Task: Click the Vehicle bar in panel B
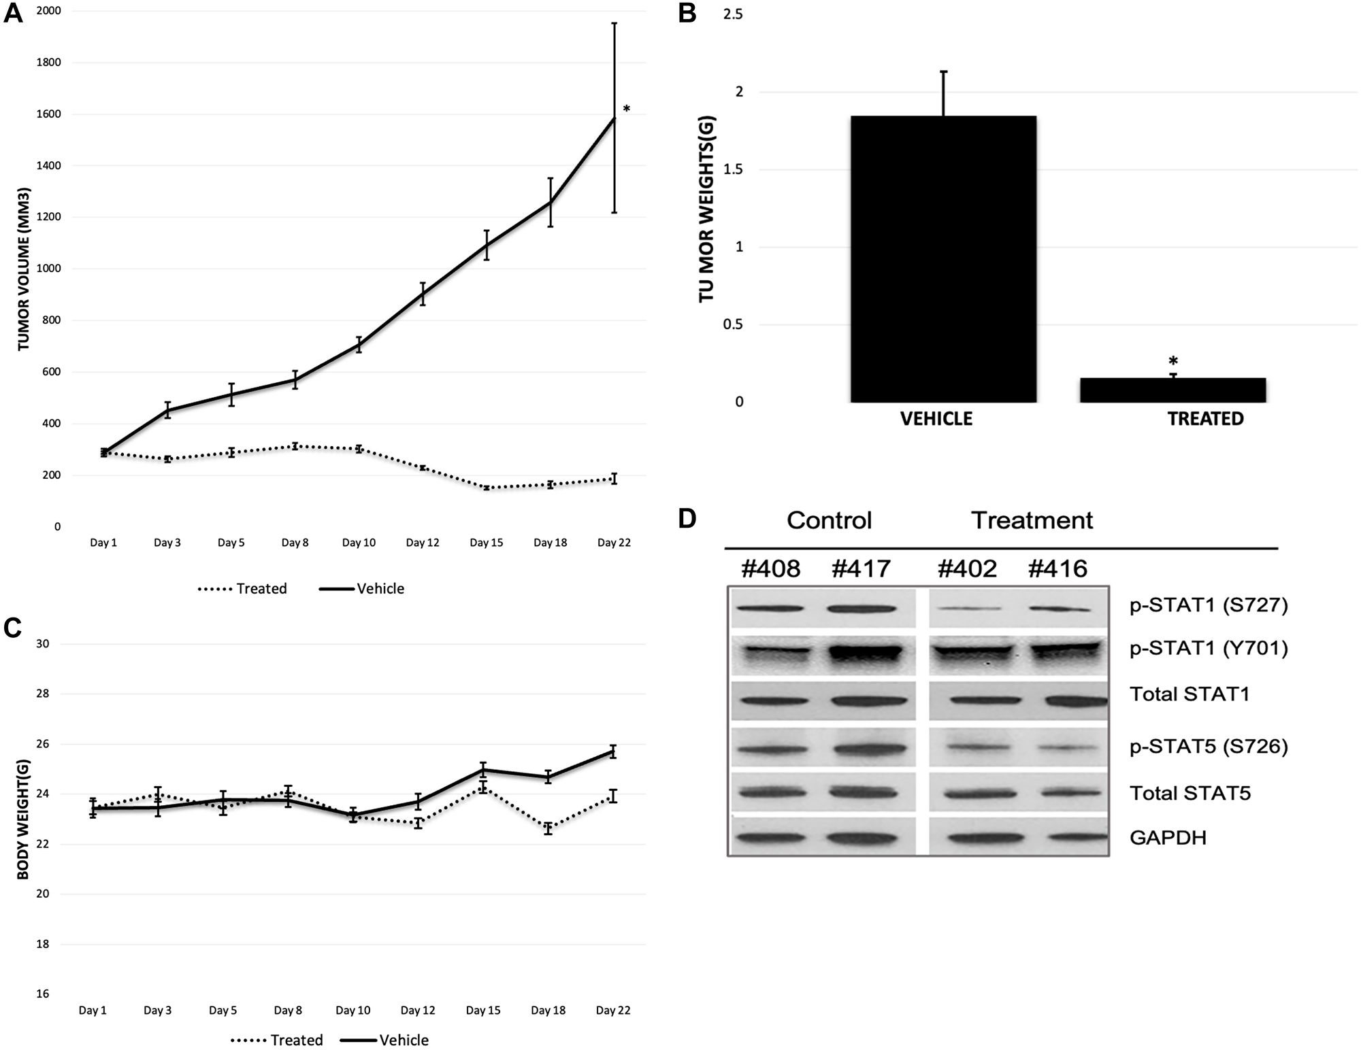tap(943, 258)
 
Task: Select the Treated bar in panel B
tap(1173, 390)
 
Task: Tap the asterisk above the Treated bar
tap(1173, 361)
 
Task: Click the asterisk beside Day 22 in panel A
tap(627, 109)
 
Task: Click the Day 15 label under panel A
tap(486, 543)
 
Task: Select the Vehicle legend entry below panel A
tap(362, 589)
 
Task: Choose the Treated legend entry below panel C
tap(277, 1040)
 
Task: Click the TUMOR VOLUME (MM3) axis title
tap(24, 269)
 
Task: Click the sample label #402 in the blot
tap(967, 569)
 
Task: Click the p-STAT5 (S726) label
tap(1209, 747)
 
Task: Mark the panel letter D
tap(687, 519)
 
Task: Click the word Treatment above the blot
tap(1032, 520)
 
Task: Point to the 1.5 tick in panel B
tap(733, 169)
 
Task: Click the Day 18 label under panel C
tap(549, 1011)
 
